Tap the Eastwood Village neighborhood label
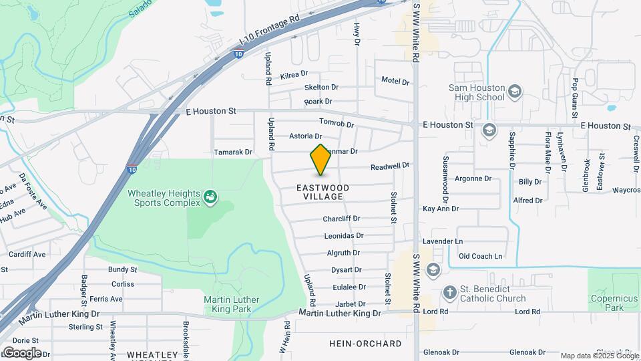[x=323, y=193]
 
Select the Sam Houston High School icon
[x=514, y=92]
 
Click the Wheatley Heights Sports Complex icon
[x=211, y=197]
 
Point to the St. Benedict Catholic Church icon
[x=450, y=293]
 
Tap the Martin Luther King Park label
[x=232, y=304]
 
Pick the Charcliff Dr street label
[x=342, y=219]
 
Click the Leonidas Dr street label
[x=344, y=236]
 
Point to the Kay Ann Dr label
[x=441, y=209]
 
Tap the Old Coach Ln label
[x=480, y=256]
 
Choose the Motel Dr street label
[x=395, y=81]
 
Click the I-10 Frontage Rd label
[x=267, y=32]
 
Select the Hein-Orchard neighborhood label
[x=366, y=344]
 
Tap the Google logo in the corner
[x=21, y=352]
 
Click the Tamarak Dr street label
[x=233, y=152]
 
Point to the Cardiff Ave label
[x=27, y=255]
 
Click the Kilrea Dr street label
[x=294, y=74]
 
